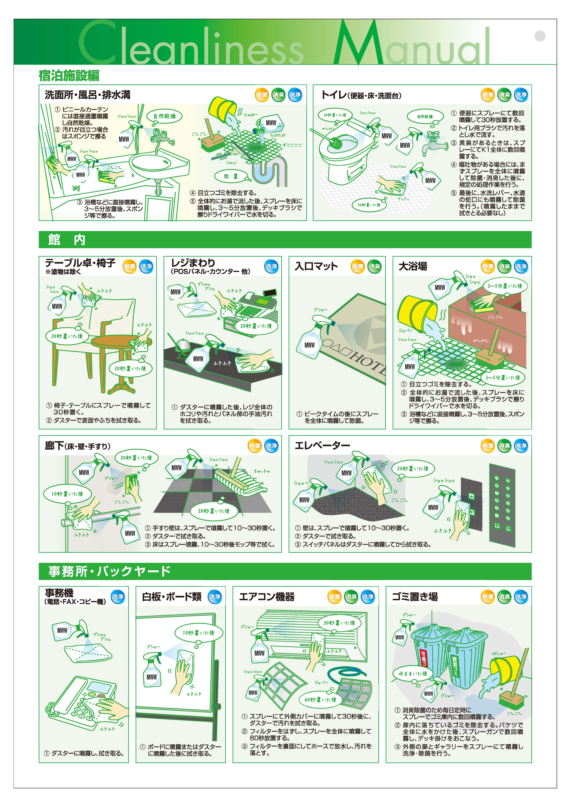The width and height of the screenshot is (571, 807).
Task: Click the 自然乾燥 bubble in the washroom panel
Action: coord(164,116)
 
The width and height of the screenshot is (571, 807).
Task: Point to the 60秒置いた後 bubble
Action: coord(320,699)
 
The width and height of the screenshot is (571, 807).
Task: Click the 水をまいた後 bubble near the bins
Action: coord(412,673)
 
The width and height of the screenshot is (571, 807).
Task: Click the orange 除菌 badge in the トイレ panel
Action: coord(488,95)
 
